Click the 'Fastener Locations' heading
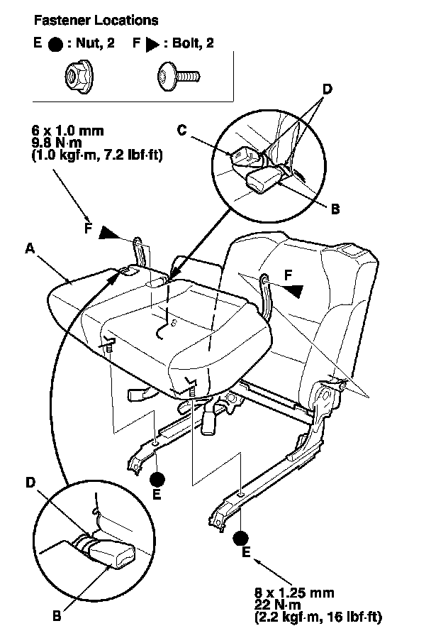[96, 20]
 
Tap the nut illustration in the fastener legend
[79, 76]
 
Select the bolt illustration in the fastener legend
[179, 77]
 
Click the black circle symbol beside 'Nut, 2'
[55, 44]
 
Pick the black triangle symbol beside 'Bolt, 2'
[152, 44]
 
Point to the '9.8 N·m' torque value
[57, 143]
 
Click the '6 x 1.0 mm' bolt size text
[67, 131]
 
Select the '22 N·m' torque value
[278, 605]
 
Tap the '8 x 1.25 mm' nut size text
[295, 593]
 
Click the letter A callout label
[30, 248]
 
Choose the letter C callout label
[182, 130]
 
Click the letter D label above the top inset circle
[327, 89]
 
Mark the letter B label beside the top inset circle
[335, 209]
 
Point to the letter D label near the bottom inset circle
[30, 483]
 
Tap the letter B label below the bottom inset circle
[57, 615]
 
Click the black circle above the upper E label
[157, 479]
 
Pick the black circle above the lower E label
[240, 538]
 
